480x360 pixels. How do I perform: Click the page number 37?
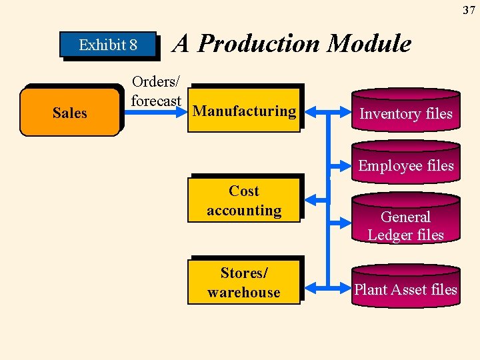[x=469, y=9]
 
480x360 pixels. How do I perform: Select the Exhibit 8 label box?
[x=108, y=45]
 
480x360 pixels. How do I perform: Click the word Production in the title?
[x=260, y=44]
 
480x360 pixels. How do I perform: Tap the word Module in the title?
[x=370, y=44]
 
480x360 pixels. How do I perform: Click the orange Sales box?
[x=70, y=113]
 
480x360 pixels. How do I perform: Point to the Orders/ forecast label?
[x=156, y=91]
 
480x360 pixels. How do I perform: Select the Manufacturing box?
[x=244, y=111]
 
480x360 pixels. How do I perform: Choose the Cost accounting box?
[x=244, y=201]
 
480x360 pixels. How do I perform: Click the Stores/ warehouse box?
[x=244, y=283]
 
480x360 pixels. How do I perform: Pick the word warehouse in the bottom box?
[x=244, y=292]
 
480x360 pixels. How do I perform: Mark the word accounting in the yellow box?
[x=244, y=211]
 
